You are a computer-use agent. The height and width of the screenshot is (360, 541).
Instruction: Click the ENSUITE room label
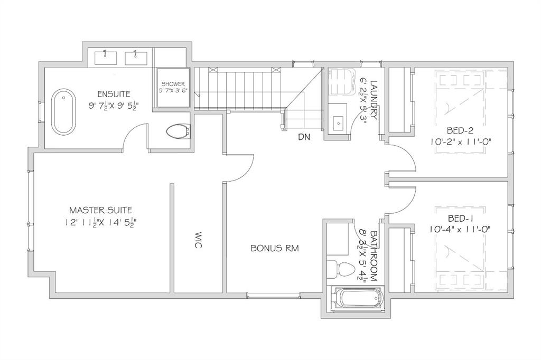[114, 94]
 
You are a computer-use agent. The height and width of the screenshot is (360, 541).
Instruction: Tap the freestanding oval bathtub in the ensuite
[63, 112]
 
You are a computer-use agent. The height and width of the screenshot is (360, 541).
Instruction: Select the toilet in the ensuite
[179, 131]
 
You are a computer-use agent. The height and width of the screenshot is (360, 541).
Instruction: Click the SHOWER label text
[173, 84]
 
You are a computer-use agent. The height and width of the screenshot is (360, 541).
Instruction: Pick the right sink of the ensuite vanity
[136, 58]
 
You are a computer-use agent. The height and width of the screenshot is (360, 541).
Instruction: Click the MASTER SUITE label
[101, 210]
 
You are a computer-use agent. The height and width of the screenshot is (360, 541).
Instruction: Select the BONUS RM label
[275, 248]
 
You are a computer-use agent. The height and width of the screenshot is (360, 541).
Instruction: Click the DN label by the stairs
[304, 137]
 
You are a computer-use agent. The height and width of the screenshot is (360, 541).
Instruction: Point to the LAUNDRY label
[374, 100]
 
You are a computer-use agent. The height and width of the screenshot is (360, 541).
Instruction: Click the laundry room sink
[338, 122]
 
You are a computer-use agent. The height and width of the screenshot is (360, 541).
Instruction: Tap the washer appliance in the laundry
[342, 81]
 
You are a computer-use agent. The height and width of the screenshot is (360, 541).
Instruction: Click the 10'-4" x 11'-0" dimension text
[460, 229]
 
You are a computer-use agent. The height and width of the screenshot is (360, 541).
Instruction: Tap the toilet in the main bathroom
[341, 269]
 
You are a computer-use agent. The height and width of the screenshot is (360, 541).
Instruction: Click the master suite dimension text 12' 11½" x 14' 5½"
[101, 222]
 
